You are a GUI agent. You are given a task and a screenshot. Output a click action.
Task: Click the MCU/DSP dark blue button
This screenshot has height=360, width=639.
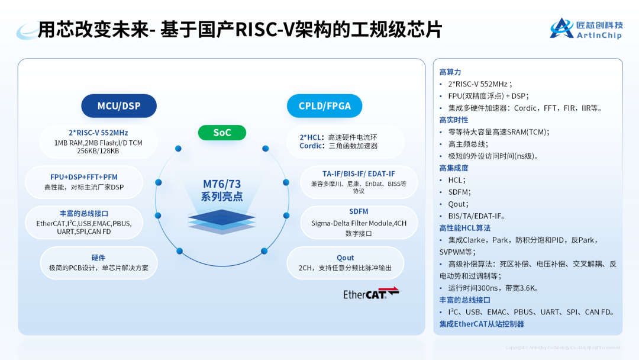(119, 106)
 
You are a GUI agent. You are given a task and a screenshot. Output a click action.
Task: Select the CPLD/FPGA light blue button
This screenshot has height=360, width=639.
(324, 106)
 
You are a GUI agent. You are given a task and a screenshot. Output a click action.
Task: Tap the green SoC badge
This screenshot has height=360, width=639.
(222, 133)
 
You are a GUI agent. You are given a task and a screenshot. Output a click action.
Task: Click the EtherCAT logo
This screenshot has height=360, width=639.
(371, 294)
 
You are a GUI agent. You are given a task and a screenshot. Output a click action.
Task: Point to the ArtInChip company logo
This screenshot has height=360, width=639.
(586, 28)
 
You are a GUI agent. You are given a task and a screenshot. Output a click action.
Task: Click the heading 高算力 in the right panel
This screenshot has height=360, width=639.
(450, 72)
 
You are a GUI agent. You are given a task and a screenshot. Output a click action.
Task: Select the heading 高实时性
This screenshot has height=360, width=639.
(454, 120)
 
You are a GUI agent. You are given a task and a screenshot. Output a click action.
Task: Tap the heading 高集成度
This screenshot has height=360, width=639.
(454, 168)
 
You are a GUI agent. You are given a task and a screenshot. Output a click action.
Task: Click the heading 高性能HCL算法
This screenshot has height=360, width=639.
(465, 228)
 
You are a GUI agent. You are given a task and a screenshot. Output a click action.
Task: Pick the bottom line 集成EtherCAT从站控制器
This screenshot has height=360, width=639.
(482, 324)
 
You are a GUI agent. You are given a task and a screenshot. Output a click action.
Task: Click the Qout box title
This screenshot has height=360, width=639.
(346, 258)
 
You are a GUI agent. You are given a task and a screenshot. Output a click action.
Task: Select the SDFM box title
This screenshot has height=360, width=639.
(359, 211)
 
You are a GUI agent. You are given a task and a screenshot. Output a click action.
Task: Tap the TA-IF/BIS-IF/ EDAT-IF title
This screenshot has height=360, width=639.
(359, 173)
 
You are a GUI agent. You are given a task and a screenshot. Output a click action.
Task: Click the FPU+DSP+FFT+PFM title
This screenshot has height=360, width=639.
(83, 177)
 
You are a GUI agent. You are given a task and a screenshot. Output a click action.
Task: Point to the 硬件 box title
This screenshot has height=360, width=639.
(98, 258)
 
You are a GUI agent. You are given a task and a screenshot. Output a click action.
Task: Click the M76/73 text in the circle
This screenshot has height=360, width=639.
(222, 184)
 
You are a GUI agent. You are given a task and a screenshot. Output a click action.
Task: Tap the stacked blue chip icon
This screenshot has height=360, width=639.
(222, 221)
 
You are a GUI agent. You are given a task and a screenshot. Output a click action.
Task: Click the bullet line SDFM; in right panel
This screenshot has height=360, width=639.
(459, 192)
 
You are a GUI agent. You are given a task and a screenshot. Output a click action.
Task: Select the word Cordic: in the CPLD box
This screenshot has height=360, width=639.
(311, 146)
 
